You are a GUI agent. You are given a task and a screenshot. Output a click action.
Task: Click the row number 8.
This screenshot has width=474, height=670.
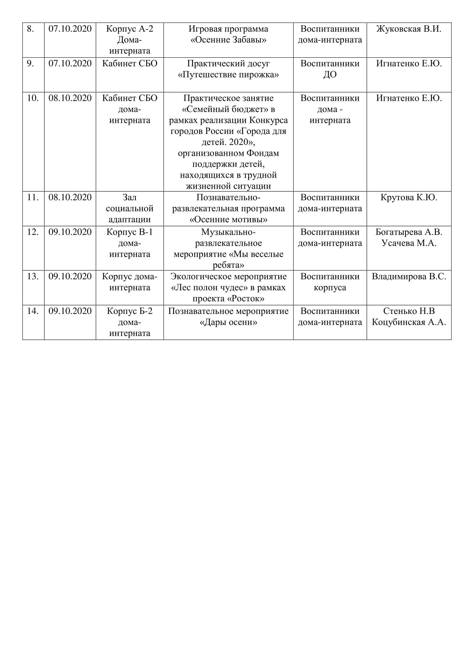point(30,29)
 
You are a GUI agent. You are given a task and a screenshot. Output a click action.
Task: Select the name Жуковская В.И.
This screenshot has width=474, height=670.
point(409,29)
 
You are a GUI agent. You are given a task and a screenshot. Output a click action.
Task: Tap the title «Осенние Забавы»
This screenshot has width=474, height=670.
point(228,40)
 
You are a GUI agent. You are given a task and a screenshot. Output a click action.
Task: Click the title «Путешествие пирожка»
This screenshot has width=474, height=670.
point(228,75)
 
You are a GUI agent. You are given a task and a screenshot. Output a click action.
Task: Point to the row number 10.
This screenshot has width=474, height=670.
point(33,98)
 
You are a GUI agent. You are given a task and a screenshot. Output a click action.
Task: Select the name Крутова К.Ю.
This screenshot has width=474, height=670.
point(409,198)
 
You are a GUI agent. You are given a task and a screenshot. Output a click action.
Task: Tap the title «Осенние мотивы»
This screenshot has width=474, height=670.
point(228,219)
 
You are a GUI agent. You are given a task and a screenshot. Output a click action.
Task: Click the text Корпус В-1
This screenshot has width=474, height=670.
point(130,232)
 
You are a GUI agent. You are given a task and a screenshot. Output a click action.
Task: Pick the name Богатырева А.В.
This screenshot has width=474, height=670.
point(409,232)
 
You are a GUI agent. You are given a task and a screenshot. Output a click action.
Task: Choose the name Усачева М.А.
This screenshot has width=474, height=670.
point(409,243)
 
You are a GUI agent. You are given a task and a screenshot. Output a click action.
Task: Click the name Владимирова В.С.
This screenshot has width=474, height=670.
point(409,276)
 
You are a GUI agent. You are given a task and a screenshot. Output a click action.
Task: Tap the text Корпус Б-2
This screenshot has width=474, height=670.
point(130,311)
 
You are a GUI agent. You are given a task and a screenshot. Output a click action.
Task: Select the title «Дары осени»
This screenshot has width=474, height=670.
point(228,322)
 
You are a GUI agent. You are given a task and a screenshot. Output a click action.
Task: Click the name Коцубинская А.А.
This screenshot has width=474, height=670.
point(409,322)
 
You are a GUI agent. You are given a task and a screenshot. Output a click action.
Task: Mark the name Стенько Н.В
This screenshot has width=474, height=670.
point(409,311)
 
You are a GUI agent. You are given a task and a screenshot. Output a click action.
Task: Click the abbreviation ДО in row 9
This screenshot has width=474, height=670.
point(330,75)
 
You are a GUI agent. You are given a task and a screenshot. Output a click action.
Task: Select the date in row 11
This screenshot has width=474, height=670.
point(70,198)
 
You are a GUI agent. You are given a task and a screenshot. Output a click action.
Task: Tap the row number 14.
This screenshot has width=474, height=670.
point(33,311)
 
